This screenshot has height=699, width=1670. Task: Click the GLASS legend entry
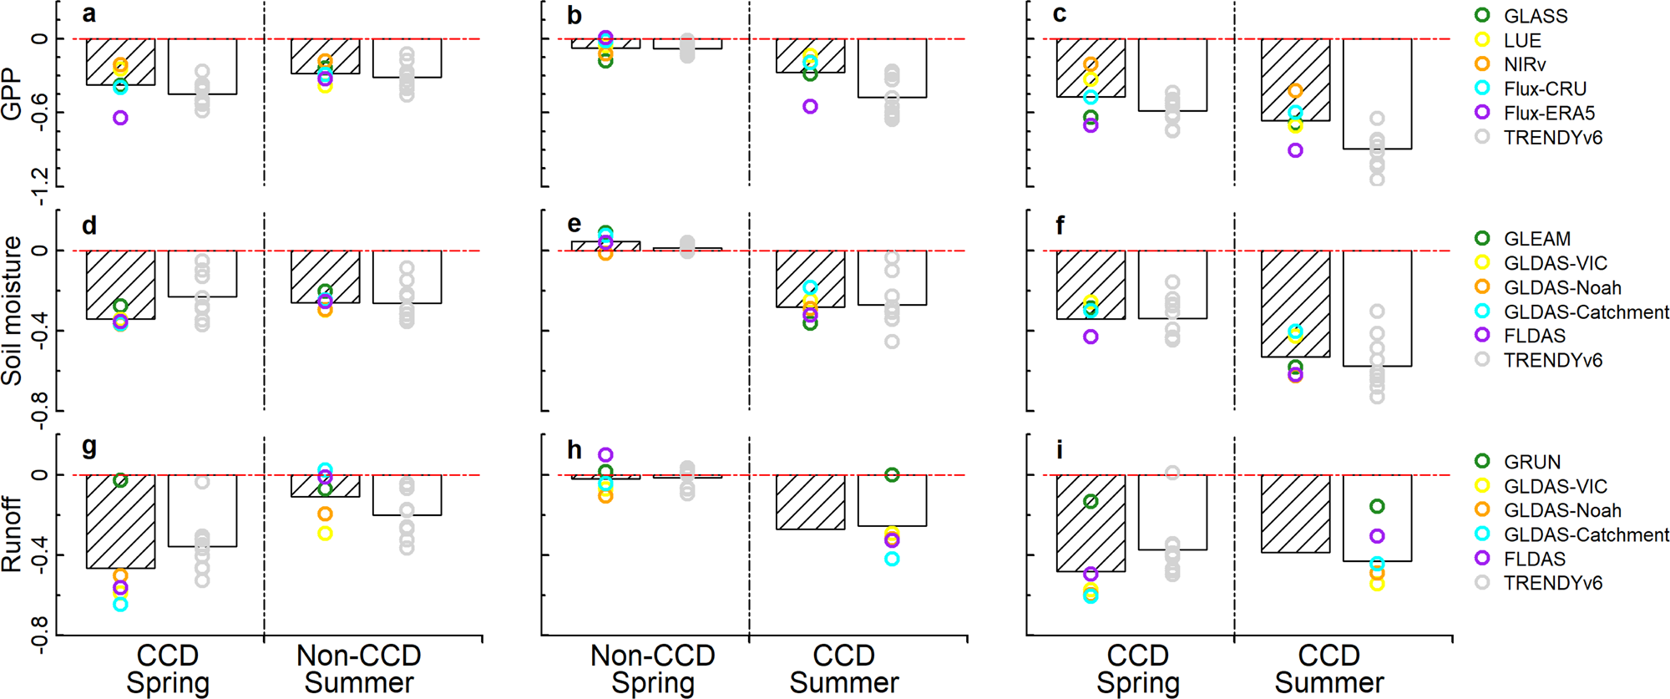pyautogui.click(x=1535, y=16)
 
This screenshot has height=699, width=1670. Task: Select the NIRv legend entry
pyautogui.click(x=1524, y=64)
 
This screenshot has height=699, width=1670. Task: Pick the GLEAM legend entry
pyautogui.click(x=1536, y=239)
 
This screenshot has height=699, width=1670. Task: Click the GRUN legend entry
pyautogui.click(x=1531, y=462)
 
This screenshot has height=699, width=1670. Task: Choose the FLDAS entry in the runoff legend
pyautogui.click(x=1534, y=559)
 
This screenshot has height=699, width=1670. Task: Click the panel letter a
pyautogui.click(x=89, y=14)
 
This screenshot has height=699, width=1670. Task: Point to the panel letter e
pyautogui.click(x=574, y=224)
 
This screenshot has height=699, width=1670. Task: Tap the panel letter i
pyautogui.click(x=1060, y=450)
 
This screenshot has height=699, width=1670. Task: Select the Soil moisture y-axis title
pyautogui.click(x=12, y=310)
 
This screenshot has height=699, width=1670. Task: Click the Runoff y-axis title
pyautogui.click(x=12, y=534)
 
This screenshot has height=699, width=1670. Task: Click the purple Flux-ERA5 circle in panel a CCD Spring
pyautogui.click(x=120, y=119)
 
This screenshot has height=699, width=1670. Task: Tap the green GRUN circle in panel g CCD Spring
pyautogui.click(x=120, y=480)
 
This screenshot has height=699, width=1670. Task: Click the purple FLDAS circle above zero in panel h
pyautogui.click(x=605, y=455)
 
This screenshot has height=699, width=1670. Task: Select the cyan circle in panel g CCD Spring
pyautogui.click(x=120, y=604)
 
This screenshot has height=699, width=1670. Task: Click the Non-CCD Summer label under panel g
pyautogui.click(x=358, y=669)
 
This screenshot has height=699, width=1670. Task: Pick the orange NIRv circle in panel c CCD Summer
pyautogui.click(x=1295, y=91)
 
